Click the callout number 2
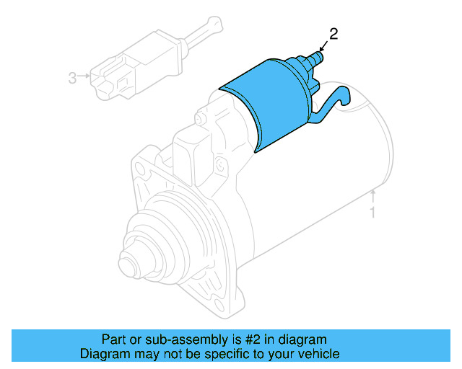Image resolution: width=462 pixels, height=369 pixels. (334, 33)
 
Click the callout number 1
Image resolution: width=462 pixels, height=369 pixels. (372, 212)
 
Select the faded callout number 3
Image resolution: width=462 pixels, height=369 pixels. (72, 77)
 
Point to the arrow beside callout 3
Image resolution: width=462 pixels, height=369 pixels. (85, 76)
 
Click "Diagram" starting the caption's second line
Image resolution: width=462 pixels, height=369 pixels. (103, 354)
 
